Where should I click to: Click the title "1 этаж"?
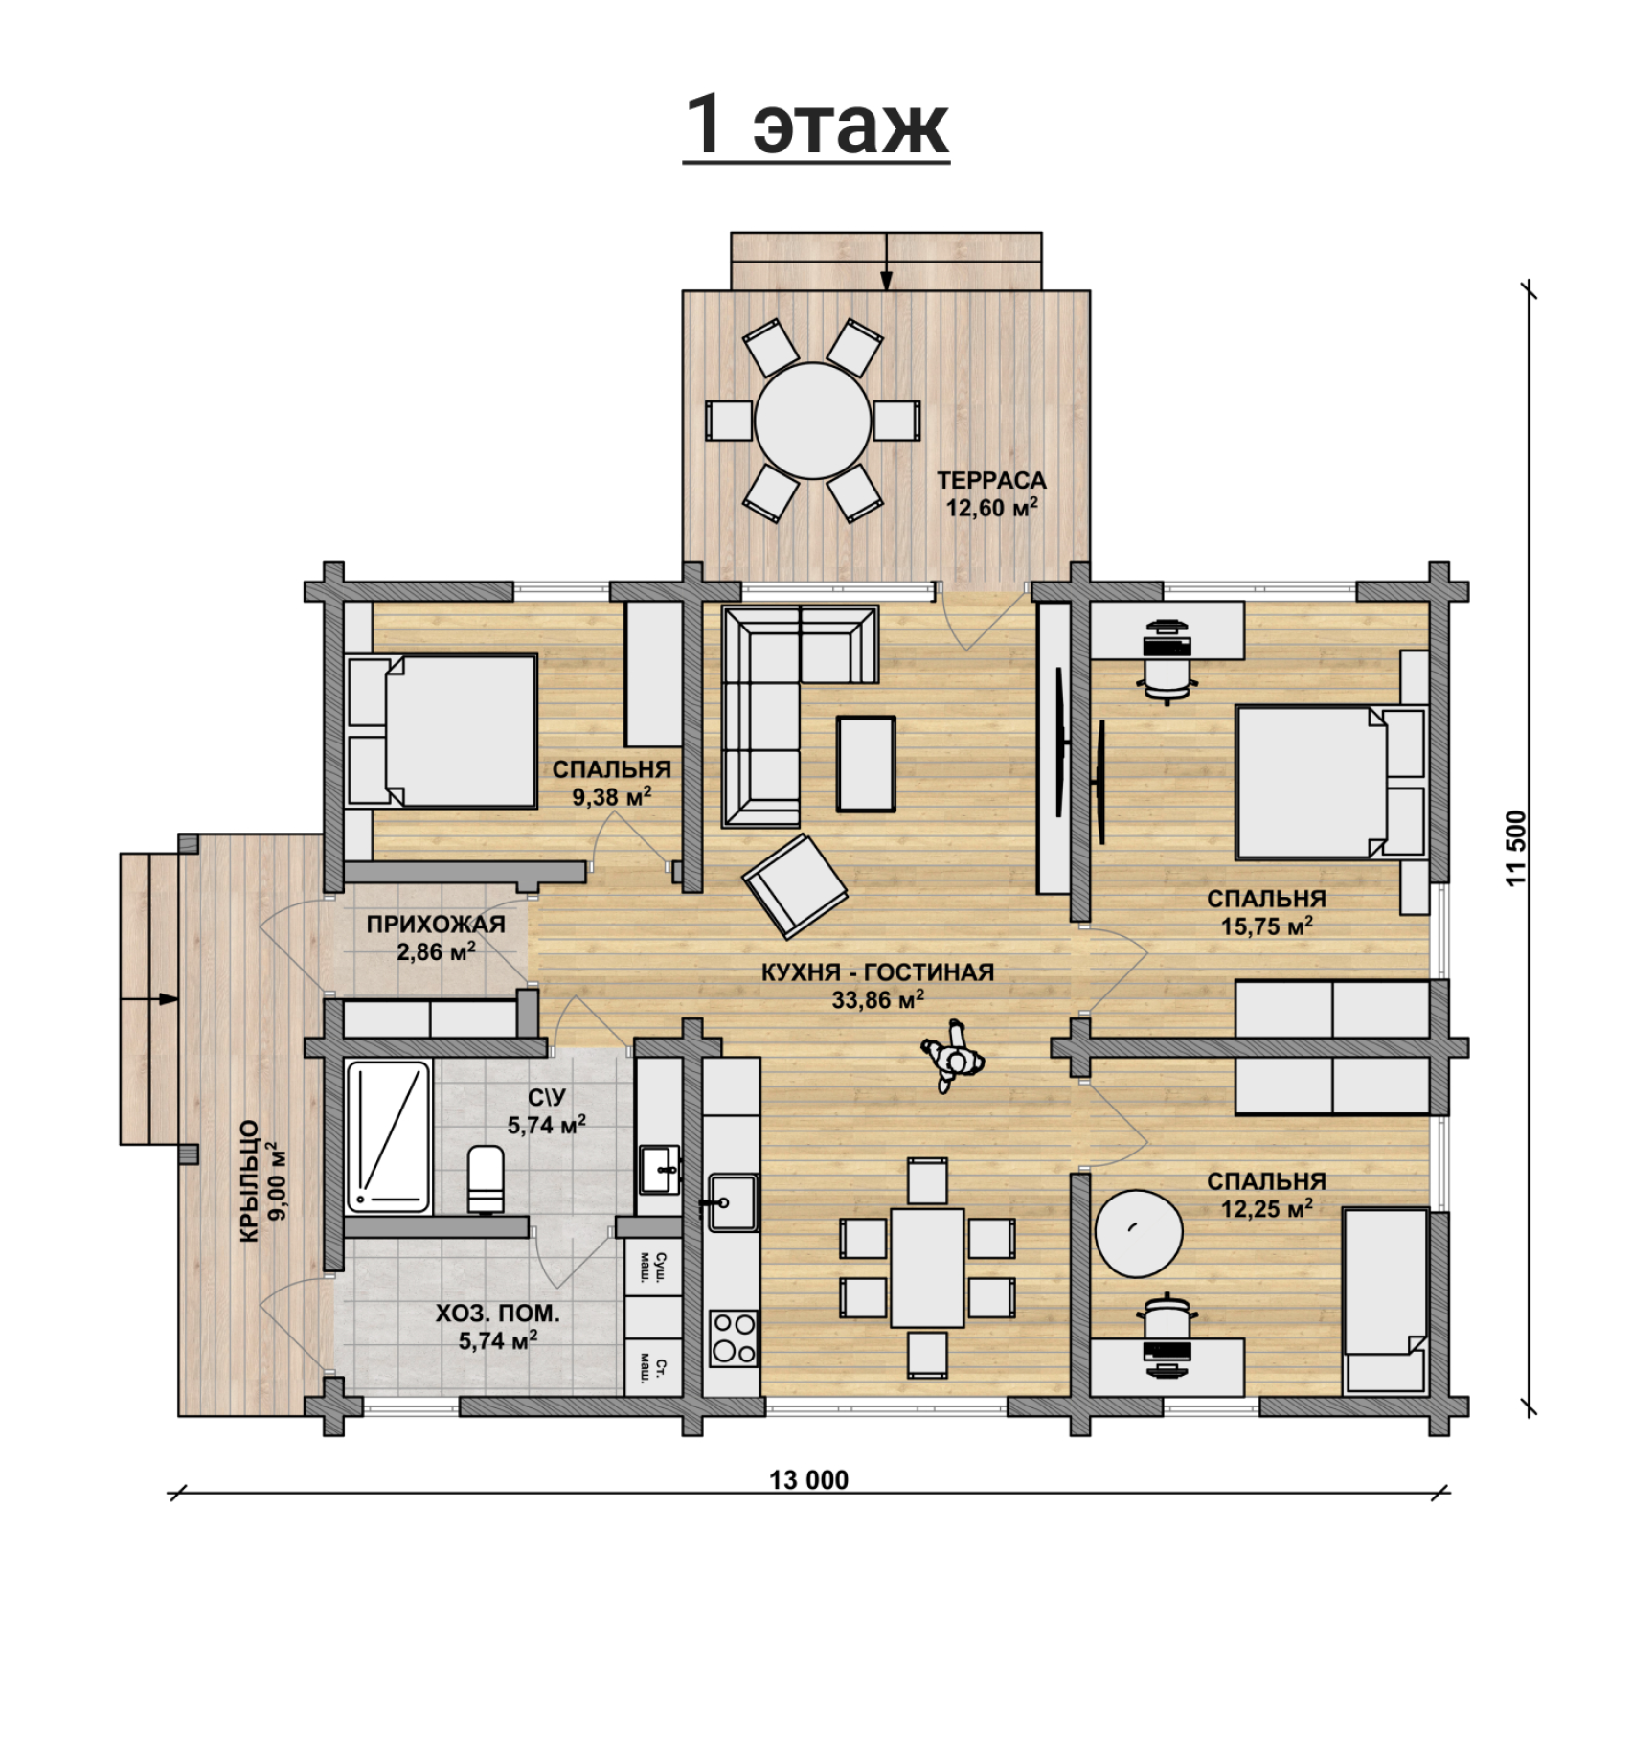816,126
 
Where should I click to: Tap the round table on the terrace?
813,421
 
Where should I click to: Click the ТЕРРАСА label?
991,480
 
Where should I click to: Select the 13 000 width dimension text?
809,1480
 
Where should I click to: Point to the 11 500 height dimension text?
1516,849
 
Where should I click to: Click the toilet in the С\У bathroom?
486,1178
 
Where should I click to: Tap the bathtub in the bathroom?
388,1135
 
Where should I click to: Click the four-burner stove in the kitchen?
733,1338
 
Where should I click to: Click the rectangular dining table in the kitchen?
927,1268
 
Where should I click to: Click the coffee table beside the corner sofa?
867,764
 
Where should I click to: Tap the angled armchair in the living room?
795,886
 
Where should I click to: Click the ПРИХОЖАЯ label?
436,925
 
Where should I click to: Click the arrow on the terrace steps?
886,261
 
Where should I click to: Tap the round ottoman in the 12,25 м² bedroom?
1139,1231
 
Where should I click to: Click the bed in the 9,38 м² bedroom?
441,731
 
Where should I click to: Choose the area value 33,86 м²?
877,1000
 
